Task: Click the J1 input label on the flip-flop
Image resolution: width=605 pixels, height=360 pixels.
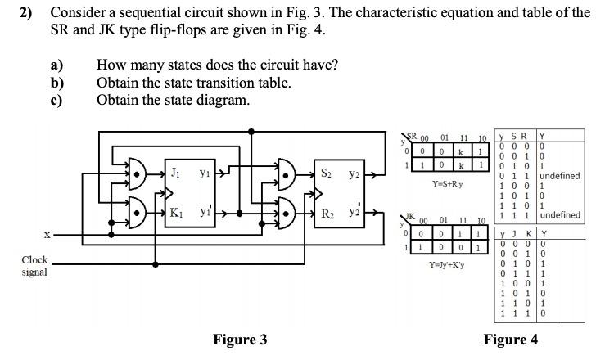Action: pyautogui.click(x=175, y=173)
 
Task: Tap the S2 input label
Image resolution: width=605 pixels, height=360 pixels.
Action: pyautogui.click(x=326, y=173)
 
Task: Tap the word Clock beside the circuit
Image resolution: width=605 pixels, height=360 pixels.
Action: pyautogui.click(x=35, y=260)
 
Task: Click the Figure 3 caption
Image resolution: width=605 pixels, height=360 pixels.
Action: pyautogui.click(x=240, y=340)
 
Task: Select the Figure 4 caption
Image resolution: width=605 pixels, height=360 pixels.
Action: pyautogui.click(x=510, y=340)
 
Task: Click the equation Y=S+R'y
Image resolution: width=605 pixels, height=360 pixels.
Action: pyautogui.click(x=448, y=183)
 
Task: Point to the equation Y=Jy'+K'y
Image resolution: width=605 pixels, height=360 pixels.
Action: pyautogui.click(x=449, y=265)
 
